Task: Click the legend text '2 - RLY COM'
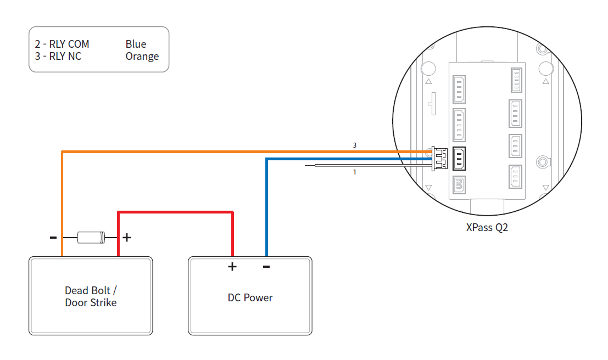coord(62,44)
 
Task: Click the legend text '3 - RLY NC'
coord(58,56)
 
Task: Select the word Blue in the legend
coord(136,44)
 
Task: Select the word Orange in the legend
coord(142,56)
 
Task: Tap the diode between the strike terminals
coord(91,238)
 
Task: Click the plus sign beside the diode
coord(127,238)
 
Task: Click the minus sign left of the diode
coord(53,238)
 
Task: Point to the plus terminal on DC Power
coord(232,267)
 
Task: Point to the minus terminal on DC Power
coord(266,267)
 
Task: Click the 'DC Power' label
coord(250,298)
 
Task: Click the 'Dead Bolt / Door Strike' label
coord(91,296)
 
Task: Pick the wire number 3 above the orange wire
coord(354,145)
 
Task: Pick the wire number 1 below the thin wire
coord(354,172)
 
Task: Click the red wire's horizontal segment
coord(176,212)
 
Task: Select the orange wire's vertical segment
coord(62,203)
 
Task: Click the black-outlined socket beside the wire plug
coord(459,158)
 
